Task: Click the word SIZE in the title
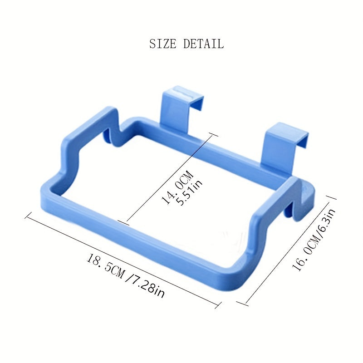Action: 162,44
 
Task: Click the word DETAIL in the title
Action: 203,44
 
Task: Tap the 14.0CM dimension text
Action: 177,187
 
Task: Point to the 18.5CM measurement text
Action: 106,266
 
